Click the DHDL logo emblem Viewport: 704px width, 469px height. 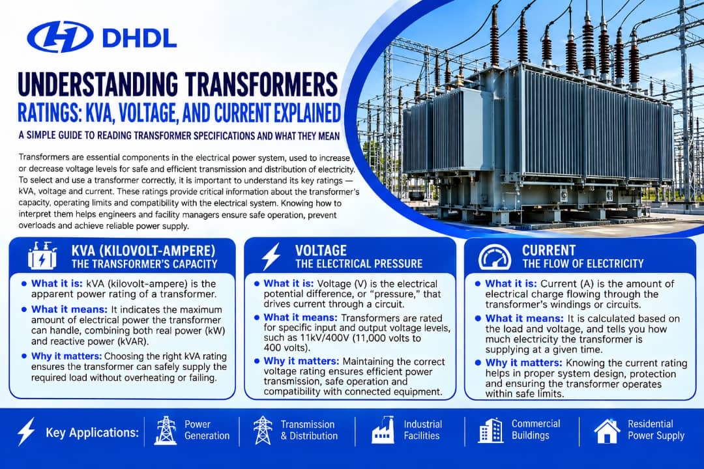pyautogui.click(x=60, y=36)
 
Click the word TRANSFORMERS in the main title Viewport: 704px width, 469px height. pyautogui.click(x=261, y=83)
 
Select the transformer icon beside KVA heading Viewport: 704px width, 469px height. pyautogui.click(x=42, y=256)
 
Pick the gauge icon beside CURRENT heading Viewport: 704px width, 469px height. pyautogui.click(x=494, y=257)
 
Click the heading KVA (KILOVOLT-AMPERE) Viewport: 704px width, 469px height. pyautogui.click(x=143, y=250)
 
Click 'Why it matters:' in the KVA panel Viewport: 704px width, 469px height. pyautogui.click(x=66, y=356)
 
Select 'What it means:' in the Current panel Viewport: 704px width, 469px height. pyautogui.click(x=524, y=318)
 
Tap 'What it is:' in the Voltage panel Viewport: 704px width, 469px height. pyautogui.click(x=289, y=283)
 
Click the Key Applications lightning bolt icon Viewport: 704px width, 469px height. pyautogui.click(x=25, y=431)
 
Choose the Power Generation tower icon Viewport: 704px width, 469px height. pyautogui.click(x=165, y=430)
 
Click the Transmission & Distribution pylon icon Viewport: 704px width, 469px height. pyautogui.click(x=263, y=430)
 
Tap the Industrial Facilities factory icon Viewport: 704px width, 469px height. pyautogui.click(x=383, y=430)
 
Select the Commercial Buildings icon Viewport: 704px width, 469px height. pyautogui.click(x=491, y=430)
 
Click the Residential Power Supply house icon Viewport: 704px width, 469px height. pyautogui.click(x=607, y=431)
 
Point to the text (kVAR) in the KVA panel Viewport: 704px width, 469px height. pyautogui.click(x=132, y=341)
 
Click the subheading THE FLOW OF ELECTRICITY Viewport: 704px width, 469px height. pyautogui.click(x=583, y=263)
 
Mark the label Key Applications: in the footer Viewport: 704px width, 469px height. pyautogui.click(x=93, y=433)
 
